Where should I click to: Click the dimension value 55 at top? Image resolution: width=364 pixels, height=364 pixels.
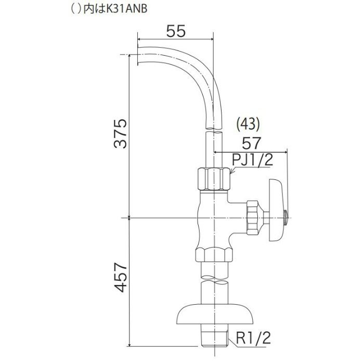click(176, 31)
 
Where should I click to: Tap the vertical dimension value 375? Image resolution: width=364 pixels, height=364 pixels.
click(121, 134)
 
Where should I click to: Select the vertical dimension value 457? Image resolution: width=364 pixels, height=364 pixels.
click(121, 277)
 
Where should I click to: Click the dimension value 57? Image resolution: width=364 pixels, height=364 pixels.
click(251, 143)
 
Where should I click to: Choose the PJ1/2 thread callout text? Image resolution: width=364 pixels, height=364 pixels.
click(253, 160)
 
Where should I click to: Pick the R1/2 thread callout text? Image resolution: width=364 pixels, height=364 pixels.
click(254, 338)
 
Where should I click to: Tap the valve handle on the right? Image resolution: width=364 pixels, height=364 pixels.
click(276, 210)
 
